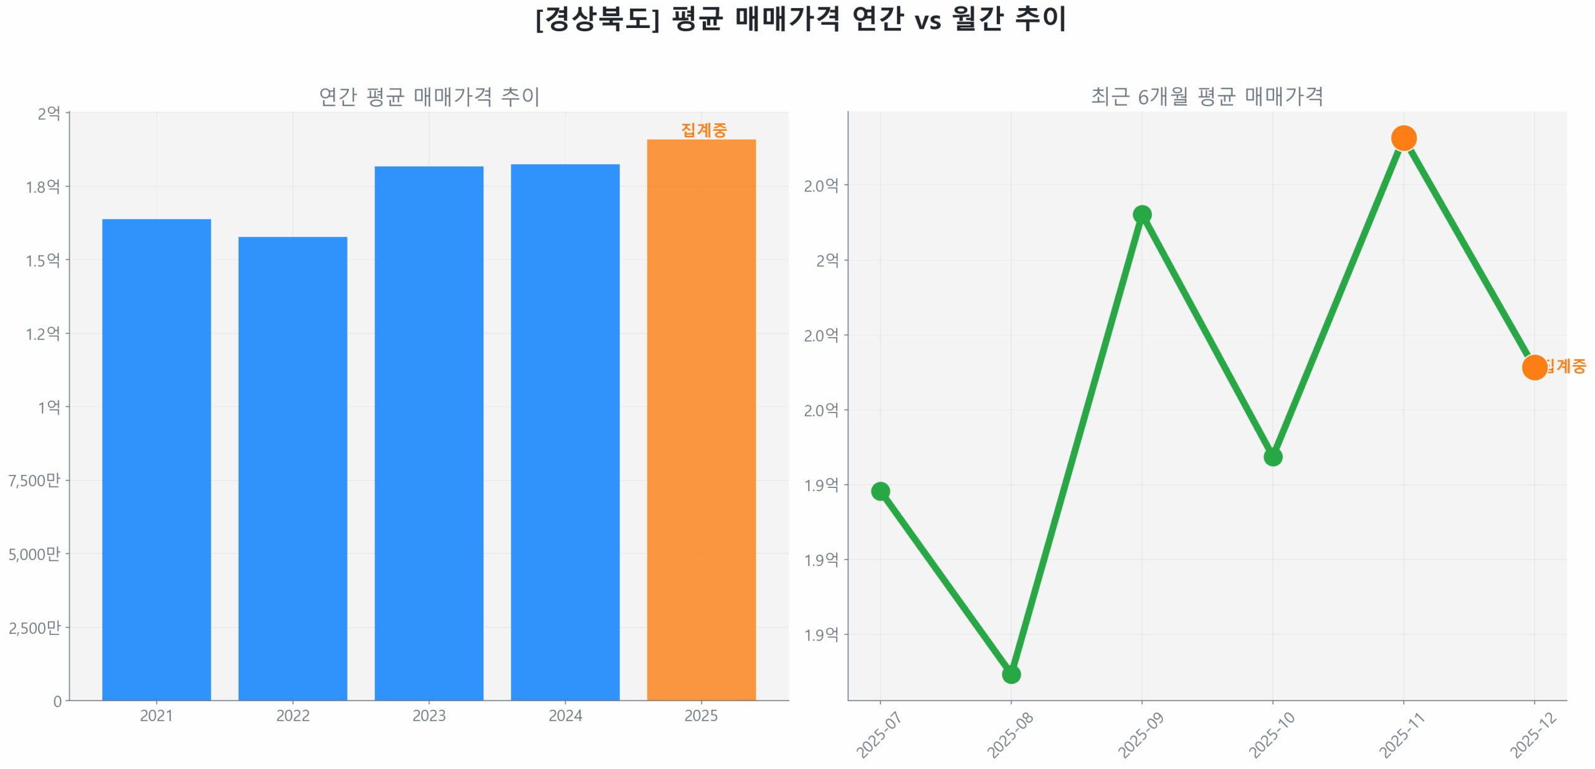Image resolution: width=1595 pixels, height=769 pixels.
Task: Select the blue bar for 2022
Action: [292, 467]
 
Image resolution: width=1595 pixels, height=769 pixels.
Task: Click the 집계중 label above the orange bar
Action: [703, 130]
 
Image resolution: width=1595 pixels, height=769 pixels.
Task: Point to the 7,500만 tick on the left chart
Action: [34, 480]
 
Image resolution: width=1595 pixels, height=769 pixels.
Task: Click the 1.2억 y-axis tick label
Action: [42, 333]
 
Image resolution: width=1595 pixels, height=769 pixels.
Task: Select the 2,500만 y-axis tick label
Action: [34, 627]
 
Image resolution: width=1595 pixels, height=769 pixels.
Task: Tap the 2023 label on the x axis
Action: [429, 715]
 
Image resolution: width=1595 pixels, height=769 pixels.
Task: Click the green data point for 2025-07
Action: [880, 491]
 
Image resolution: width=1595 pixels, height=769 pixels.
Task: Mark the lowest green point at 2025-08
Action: [1011, 674]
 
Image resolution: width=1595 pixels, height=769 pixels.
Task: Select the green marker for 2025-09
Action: [1141, 214]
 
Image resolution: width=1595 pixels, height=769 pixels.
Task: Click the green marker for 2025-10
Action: [1272, 457]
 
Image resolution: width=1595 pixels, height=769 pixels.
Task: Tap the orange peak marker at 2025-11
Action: [1403, 138]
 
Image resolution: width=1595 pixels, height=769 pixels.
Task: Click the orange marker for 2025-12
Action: [1534, 367]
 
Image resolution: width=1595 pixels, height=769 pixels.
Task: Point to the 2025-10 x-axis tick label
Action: [1271, 735]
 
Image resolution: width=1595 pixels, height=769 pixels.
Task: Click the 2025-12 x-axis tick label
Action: [1533, 735]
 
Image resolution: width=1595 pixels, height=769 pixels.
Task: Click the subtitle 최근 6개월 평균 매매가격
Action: [1206, 96]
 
